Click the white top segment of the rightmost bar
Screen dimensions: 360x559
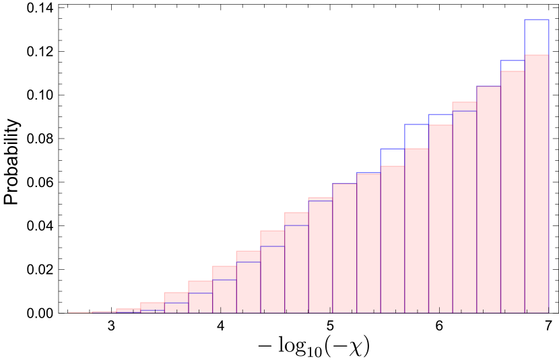click(x=536, y=37)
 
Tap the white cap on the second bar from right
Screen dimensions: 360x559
click(x=512, y=66)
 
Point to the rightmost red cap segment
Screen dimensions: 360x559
click(x=464, y=106)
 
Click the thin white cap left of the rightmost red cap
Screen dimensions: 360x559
click(x=440, y=120)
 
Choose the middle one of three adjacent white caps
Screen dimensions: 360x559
click(x=416, y=137)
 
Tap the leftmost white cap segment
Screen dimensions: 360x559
click(x=392, y=157)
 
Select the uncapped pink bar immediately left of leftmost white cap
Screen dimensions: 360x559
click(x=368, y=242)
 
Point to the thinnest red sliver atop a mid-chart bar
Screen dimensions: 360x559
click(x=320, y=199)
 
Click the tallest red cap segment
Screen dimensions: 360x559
click(x=272, y=238)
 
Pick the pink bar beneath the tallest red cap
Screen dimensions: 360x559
click(x=272, y=279)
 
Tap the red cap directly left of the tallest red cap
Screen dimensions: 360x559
click(x=248, y=256)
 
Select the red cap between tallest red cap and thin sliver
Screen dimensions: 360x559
click(x=296, y=219)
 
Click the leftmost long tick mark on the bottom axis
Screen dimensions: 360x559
click(x=220, y=310)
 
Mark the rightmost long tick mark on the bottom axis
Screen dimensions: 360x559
click(x=439, y=310)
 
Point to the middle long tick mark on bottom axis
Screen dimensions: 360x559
click(x=330, y=310)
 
